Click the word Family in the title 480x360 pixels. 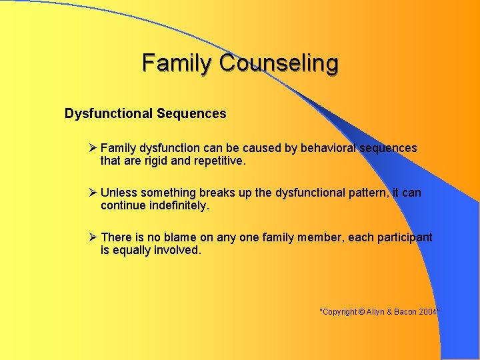(178, 63)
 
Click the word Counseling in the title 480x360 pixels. (279, 63)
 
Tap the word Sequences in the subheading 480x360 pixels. (191, 113)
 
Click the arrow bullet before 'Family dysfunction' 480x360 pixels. (93, 148)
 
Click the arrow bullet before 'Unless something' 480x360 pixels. (93, 193)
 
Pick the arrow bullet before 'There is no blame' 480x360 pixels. (93, 237)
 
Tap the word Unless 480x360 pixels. (117, 193)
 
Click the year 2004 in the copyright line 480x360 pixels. (427, 312)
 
